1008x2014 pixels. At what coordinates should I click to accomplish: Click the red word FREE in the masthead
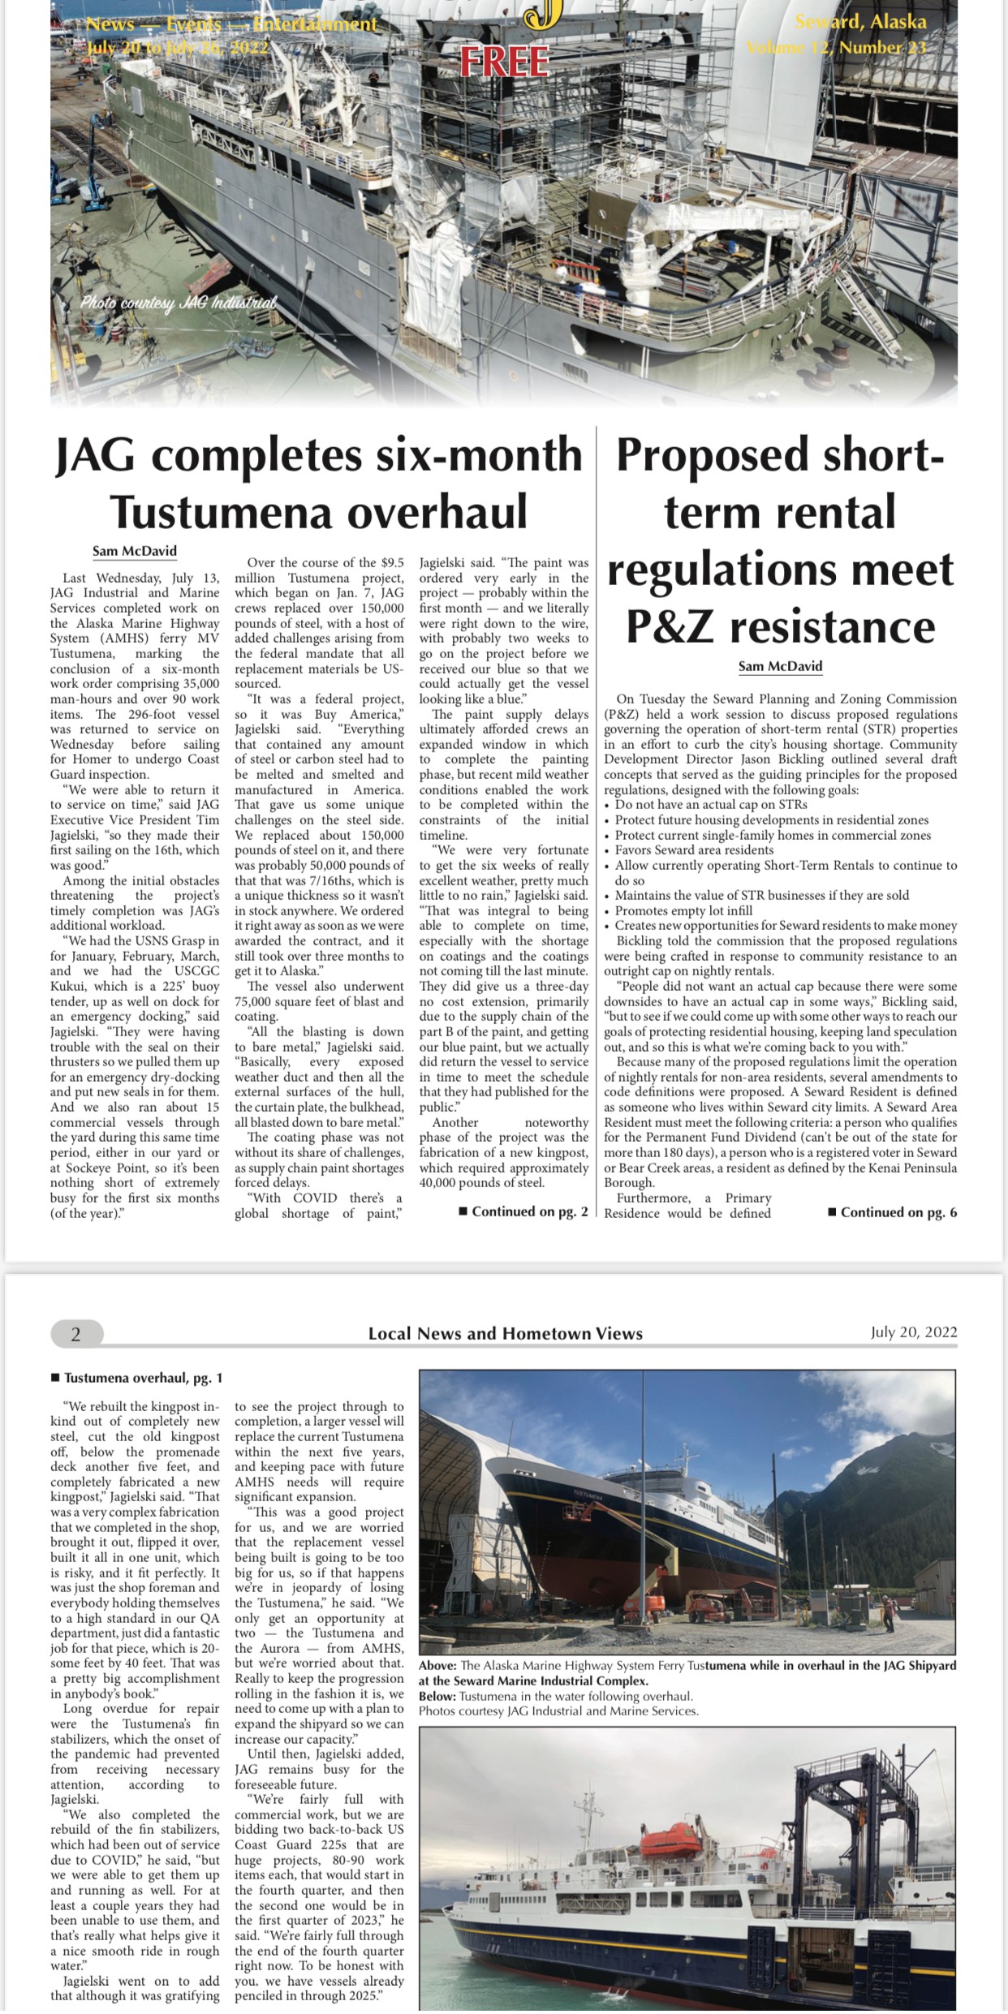[504, 62]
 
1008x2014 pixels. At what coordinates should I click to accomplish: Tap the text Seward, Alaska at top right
[860, 22]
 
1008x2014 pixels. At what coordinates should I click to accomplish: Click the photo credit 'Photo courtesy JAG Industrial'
[179, 303]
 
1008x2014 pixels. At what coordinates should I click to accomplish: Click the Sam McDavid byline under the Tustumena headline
[134, 552]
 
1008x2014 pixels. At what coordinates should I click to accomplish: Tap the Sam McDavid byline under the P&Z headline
[780, 666]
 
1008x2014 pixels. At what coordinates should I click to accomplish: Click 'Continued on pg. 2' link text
[523, 1211]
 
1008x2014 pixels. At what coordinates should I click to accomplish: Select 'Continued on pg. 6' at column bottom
[892, 1212]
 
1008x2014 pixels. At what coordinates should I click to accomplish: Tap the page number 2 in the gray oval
[76, 1334]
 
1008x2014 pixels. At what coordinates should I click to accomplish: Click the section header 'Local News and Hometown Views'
[505, 1334]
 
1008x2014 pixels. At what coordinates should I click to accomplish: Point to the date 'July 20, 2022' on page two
[914, 1332]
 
